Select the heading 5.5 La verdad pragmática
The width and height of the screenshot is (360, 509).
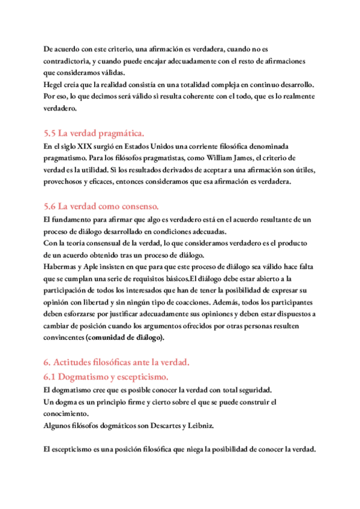pyautogui.click(x=94, y=133)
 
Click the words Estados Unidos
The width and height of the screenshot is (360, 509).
pyautogui.click(x=166, y=147)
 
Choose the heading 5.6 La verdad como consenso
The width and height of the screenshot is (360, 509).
pyautogui.click(x=101, y=206)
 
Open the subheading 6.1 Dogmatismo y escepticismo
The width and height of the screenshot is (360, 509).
pyautogui.click(x=106, y=376)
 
